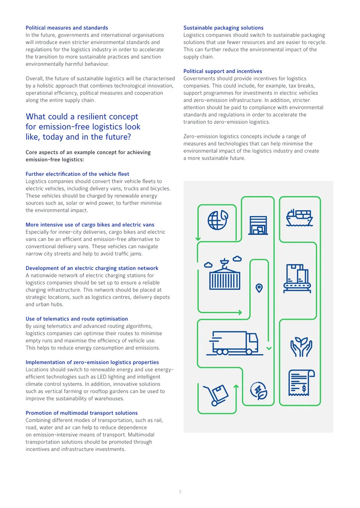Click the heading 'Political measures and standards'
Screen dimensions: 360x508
(x=67, y=28)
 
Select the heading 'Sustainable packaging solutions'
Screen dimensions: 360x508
(x=224, y=28)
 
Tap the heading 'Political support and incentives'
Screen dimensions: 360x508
(x=223, y=71)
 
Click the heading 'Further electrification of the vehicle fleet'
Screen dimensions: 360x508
(x=77, y=174)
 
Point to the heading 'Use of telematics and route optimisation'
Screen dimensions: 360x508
(x=77, y=319)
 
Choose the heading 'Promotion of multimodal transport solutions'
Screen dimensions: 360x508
(x=82, y=413)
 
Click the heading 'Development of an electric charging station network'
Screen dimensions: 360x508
(x=92, y=268)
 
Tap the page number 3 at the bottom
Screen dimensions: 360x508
(x=180, y=492)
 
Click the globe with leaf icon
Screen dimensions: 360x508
(x=218, y=220)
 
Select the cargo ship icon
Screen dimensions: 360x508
(x=299, y=218)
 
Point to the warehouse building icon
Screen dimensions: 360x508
(x=258, y=225)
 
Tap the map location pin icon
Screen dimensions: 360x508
(x=259, y=288)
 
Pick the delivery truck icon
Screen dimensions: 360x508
(x=234, y=343)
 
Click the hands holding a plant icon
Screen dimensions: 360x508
(x=301, y=347)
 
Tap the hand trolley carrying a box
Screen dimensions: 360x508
(x=216, y=395)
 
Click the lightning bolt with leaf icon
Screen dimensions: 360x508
(x=258, y=390)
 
